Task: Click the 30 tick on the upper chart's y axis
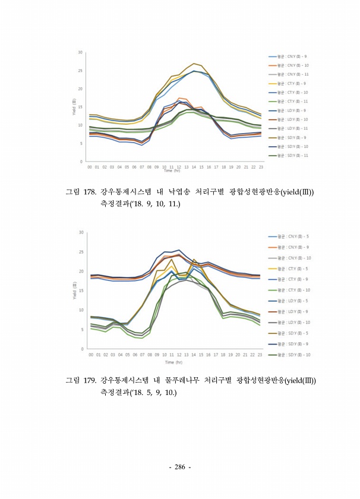point(80,52)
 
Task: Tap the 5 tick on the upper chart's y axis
point(81,143)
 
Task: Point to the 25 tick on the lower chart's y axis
point(80,252)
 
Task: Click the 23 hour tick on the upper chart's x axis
point(260,167)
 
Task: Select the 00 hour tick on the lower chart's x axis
point(90,354)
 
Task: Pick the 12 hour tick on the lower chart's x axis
point(179,354)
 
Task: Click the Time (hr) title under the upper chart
point(172,171)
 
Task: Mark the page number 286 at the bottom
point(179,467)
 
